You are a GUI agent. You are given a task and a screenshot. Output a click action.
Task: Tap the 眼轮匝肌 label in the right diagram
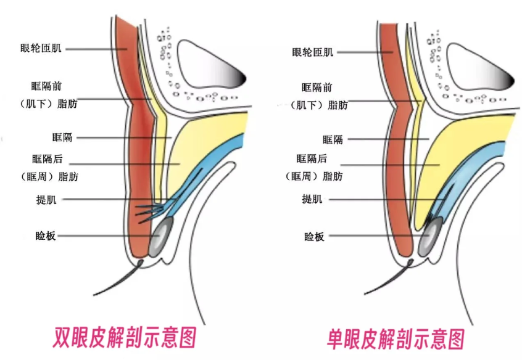click(x=313, y=52)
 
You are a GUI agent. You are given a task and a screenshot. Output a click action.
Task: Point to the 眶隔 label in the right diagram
click(x=333, y=139)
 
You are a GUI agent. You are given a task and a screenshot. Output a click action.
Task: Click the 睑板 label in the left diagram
click(x=46, y=235)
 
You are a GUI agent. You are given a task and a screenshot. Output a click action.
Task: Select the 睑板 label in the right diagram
click(x=313, y=236)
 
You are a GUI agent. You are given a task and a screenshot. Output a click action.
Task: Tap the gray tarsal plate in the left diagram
click(x=159, y=237)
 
